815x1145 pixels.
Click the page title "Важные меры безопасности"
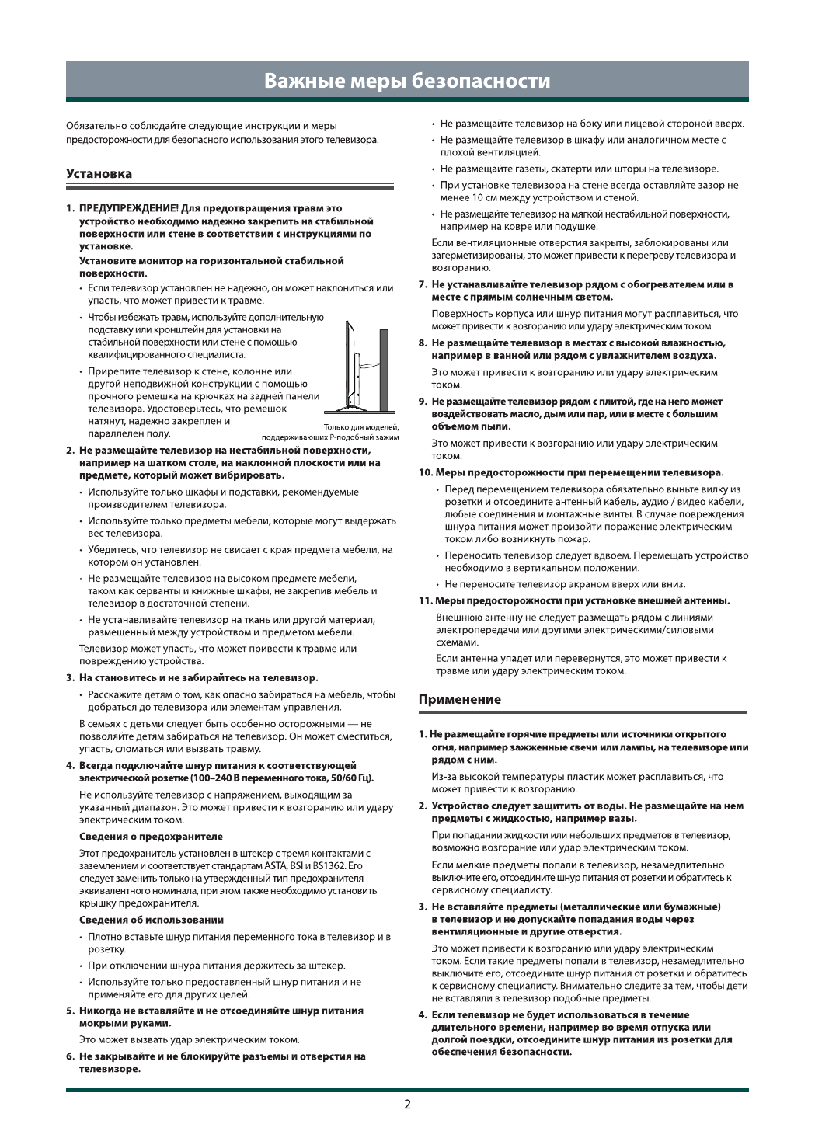click(x=407, y=81)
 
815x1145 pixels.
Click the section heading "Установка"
click(x=99, y=174)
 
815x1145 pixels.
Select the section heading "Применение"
click(x=460, y=699)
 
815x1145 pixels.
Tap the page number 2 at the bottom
click(x=407, y=1105)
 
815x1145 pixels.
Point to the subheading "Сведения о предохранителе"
click(x=152, y=837)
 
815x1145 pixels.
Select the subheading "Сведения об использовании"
click(x=152, y=920)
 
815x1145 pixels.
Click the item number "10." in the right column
click(x=425, y=472)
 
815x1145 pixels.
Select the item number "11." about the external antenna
click(x=425, y=600)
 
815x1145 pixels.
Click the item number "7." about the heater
click(x=423, y=284)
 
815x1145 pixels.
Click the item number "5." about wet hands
click(x=70, y=1011)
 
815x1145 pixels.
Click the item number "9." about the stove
click(x=423, y=402)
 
